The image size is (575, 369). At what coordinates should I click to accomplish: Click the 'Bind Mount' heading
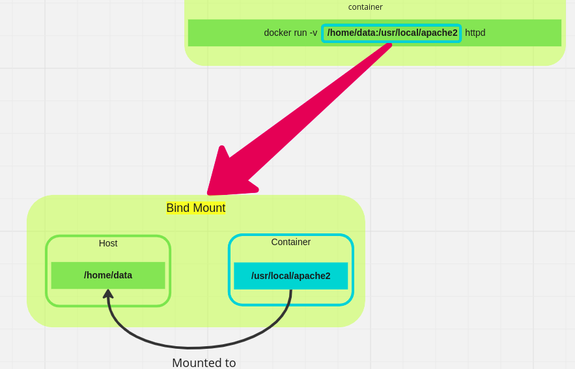pos(195,208)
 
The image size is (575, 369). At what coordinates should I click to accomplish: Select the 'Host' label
pos(108,243)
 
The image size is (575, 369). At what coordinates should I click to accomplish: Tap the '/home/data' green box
pos(108,275)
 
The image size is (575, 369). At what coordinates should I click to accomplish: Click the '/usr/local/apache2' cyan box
pos(290,276)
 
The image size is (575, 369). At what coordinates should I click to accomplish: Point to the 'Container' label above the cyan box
pos(290,242)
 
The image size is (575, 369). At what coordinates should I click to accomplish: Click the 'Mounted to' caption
pos(204,362)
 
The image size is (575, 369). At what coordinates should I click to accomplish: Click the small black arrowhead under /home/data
pos(108,294)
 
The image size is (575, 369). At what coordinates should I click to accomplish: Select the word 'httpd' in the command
pos(475,33)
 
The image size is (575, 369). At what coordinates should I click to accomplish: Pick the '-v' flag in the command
pos(313,33)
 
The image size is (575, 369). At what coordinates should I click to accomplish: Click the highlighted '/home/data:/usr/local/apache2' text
pos(392,33)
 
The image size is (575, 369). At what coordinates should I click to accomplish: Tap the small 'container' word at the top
pos(365,7)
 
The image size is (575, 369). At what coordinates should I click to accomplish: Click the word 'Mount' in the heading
pos(210,208)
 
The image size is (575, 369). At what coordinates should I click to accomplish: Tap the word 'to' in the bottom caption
pos(229,362)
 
